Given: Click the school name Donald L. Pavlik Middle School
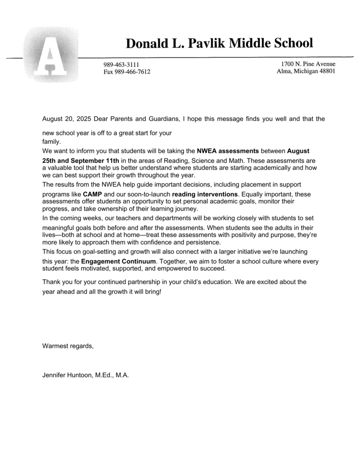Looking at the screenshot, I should click(x=219, y=43).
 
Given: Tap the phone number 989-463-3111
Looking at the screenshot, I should click(x=121, y=65).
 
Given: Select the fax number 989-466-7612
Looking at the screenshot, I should click(x=127, y=72).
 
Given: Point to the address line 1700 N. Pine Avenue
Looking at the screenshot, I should click(x=308, y=64).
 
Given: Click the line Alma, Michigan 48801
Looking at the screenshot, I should click(x=306, y=71).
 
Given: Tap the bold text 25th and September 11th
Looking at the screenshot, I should click(x=81, y=160).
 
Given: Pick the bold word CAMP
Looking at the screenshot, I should click(x=92, y=194).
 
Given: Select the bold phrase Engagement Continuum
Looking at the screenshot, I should click(x=118, y=262).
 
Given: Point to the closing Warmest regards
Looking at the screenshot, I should click(x=67, y=346).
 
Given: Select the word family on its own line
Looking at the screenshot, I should click(x=51, y=142).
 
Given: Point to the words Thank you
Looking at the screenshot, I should click(x=57, y=282).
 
